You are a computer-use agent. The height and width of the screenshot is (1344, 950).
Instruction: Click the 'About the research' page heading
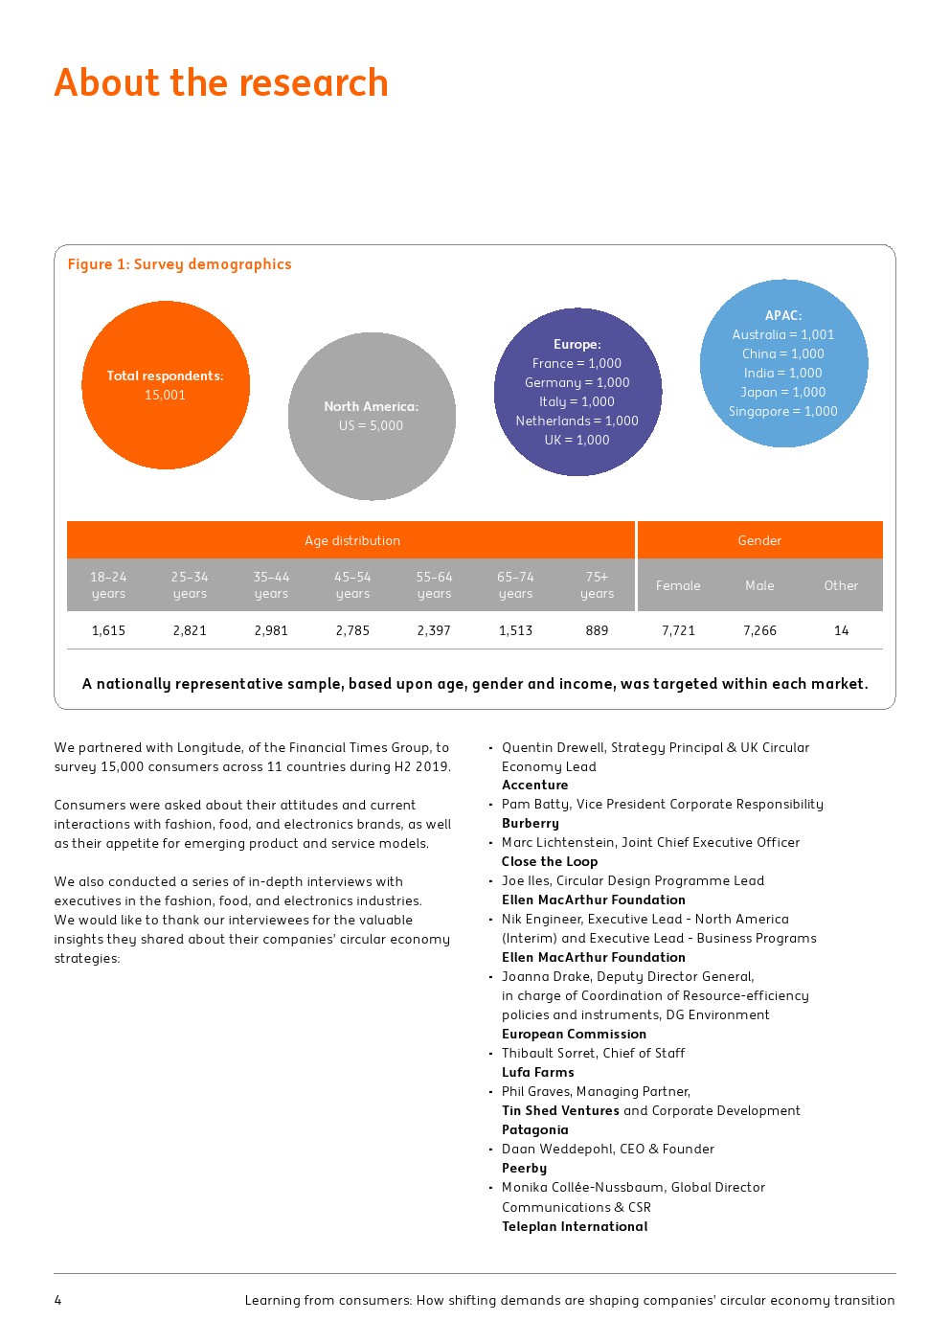pos(221,83)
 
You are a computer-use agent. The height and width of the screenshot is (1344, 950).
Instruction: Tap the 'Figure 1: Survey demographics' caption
pos(179,264)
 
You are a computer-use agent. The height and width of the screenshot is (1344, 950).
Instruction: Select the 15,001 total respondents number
pos(165,395)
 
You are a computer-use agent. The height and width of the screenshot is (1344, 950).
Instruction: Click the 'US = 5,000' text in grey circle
pos(371,425)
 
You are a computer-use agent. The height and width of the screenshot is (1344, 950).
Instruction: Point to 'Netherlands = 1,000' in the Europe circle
pos(577,421)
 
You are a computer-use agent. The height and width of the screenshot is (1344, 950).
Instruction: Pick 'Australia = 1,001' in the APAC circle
pos(782,334)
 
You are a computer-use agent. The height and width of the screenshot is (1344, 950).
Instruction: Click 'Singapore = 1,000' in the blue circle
pos(782,411)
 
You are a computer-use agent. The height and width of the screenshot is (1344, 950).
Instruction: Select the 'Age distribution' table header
pos(352,540)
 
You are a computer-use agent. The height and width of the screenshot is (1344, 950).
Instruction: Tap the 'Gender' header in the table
pos(759,540)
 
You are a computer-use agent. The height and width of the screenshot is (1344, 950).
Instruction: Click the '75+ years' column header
pos(597,585)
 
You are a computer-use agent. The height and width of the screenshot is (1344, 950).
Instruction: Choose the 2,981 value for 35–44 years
pos(271,630)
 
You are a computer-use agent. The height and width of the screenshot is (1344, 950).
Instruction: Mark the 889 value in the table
pos(597,630)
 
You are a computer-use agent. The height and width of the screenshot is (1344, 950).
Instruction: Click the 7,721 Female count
pos(678,630)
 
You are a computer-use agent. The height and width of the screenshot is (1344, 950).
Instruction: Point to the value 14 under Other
pos(841,630)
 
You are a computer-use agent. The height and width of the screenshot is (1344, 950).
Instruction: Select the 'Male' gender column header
pos(759,585)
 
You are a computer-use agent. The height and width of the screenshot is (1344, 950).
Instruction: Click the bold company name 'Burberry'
pos(531,823)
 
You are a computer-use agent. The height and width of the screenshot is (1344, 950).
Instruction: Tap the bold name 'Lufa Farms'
pos(538,1072)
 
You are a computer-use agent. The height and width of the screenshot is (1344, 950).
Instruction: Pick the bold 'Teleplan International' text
pos(575,1226)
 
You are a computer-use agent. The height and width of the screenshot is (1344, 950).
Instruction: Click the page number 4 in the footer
pos(57,1300)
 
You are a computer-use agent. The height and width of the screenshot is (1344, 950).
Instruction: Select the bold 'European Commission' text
pos(574,1034)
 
